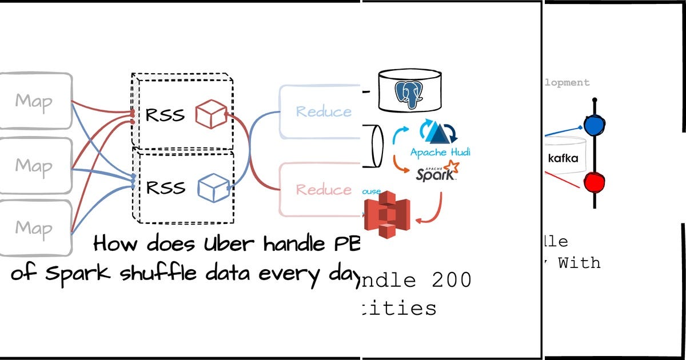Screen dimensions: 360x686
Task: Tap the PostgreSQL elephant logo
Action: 410,92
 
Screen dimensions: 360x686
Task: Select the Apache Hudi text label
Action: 440,153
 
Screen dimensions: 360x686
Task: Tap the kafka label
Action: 563,158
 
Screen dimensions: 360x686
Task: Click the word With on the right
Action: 579,263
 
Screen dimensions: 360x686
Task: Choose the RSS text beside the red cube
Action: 165,115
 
